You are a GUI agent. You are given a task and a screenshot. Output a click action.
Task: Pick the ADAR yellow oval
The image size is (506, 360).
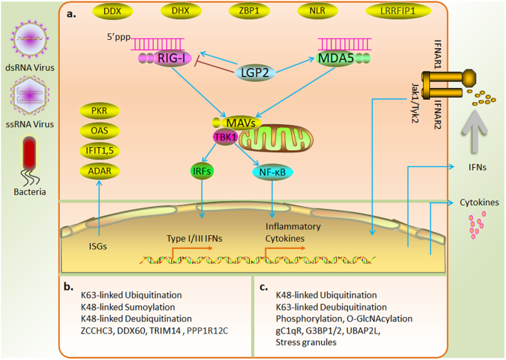click(99, 171)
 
